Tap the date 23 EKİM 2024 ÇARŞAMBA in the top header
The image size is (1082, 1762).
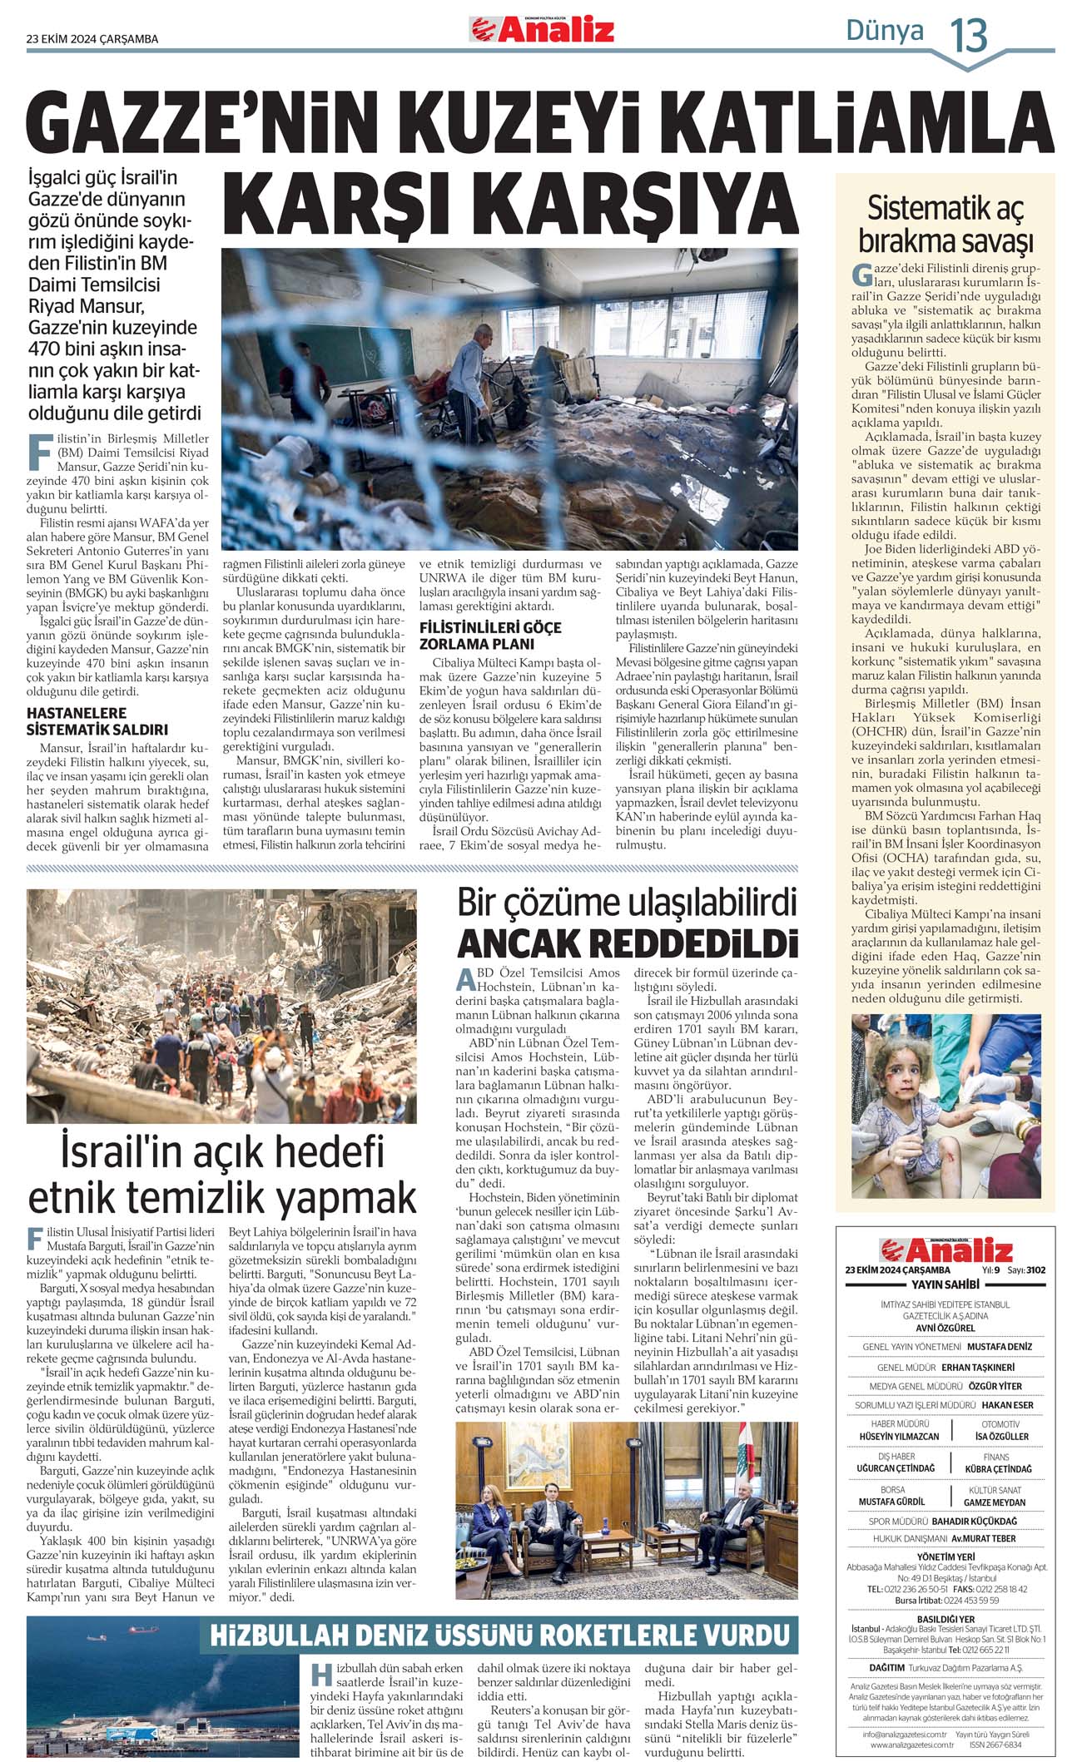pyautogui.click(x=92, y=38)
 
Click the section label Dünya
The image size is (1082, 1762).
pyautogui.click(x=884, y=32)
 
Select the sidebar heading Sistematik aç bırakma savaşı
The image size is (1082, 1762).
pyautogui.click(x=945, y=224)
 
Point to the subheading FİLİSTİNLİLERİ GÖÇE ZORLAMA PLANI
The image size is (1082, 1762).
pyautogui.click(x=490, y=635)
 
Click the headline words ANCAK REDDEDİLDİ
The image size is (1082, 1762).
pyautogui.click(x=627, y=943)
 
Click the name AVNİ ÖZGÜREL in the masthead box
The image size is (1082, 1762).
pyautogui.click(x=945, y=1328)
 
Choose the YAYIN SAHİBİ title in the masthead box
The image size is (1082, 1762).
pyautogui.click(x=945, y=1284)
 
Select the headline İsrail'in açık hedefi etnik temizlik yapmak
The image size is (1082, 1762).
pyautogui.click(x=222, y=1174)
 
